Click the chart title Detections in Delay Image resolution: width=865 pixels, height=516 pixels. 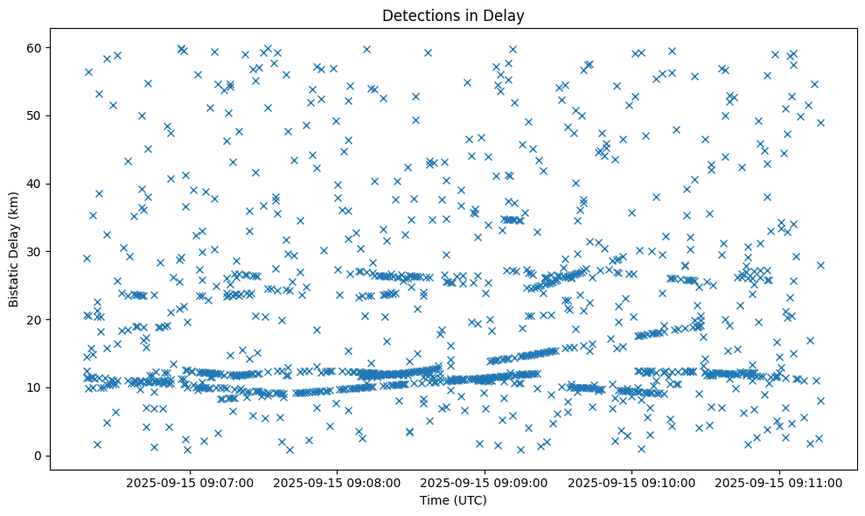(453, 15)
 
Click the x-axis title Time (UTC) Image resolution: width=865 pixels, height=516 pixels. (453, 501)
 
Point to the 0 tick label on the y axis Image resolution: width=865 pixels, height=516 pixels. (38, 456)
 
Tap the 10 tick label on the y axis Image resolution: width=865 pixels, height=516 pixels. (35, 387)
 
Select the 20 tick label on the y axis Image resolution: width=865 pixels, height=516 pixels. (35, 319)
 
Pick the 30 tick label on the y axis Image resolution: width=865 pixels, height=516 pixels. (35, 252)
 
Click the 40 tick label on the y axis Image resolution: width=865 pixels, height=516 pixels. (35, 184)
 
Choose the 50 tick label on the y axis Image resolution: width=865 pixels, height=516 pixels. (35, 115)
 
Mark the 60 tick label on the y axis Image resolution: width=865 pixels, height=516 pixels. (35, 47)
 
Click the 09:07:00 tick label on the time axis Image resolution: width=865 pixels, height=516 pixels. (190, 482)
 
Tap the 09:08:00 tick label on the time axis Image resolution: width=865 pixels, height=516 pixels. (338, 482)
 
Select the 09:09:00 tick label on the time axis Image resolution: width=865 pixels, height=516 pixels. (485, 482)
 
